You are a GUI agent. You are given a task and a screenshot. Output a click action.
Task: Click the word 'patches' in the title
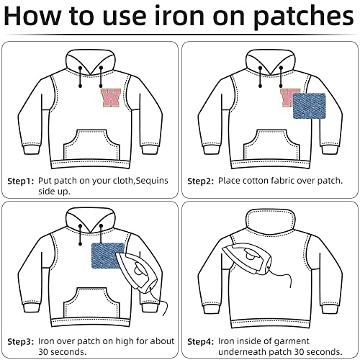[x=304, y=17]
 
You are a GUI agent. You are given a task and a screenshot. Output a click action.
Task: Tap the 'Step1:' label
[x=21, y=181]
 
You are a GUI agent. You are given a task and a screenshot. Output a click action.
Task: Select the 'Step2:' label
[x=201, y=181]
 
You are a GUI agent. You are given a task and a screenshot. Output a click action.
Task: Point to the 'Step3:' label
[x=21, y=341]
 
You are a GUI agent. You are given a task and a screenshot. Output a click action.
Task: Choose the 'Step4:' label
[x=201, y=341]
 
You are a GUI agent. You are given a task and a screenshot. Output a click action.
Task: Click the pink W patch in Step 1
[x=111, y=98]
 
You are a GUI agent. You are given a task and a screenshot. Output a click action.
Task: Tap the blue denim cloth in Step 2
[x=310, y=106]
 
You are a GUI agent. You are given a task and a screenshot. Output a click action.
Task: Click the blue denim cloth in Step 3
[x=108, y=256]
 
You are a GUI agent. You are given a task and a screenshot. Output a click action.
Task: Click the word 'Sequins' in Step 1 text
[x=152, y=181]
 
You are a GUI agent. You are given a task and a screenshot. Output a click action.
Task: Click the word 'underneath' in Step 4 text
[x=242, y=352]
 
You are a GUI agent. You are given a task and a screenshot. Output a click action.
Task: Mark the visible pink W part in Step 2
[x=287, y=97]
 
